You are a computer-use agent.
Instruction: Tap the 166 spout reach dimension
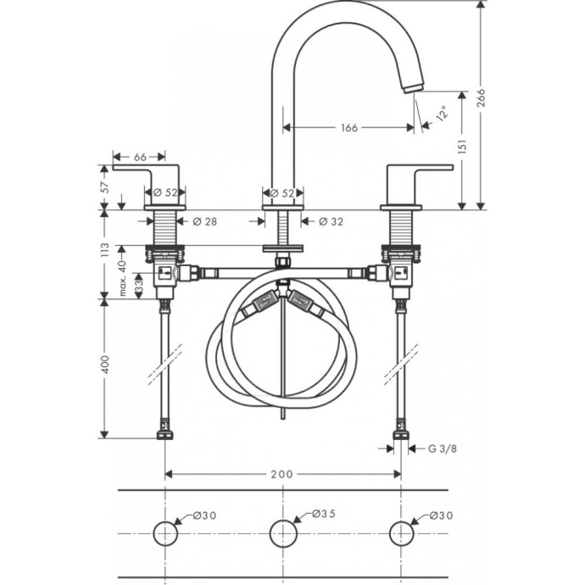pos(348,128)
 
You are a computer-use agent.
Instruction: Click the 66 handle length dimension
pos(140,156)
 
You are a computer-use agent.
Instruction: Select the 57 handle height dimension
pos(104,187)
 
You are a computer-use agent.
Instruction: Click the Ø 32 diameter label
pos(331,221)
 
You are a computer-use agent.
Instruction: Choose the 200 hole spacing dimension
pos(281,474)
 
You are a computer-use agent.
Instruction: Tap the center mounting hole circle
pos(282,533)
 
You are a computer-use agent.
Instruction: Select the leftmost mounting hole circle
pos(164,533)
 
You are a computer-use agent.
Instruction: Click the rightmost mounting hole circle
pos(401,533)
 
